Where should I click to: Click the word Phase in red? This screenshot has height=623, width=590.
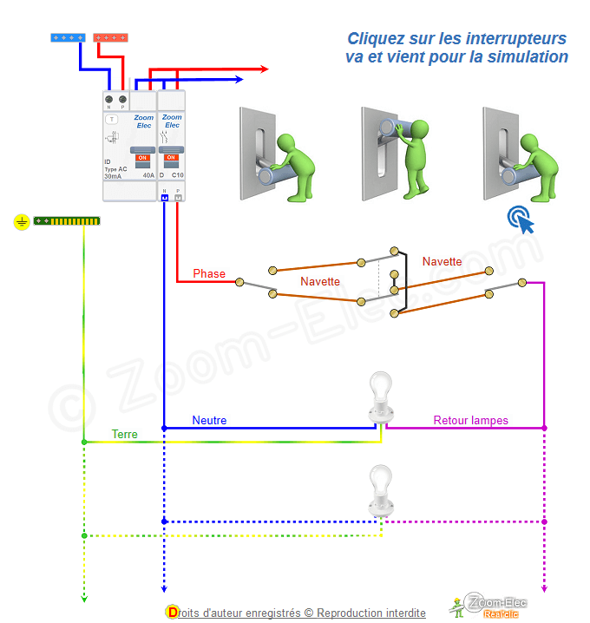pos(209,273)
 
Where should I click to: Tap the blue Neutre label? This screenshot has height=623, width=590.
pos(209,420)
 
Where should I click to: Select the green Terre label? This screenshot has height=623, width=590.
pos(124,434)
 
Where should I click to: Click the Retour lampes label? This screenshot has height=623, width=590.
pos(471,420)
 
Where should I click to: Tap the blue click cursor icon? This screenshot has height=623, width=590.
pos(521,219)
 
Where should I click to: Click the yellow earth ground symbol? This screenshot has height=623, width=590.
pos(21,222)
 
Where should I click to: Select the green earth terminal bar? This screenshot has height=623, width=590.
pos(67,221)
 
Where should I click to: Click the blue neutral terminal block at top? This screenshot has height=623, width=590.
pos(68,37)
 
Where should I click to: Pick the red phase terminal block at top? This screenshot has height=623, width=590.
pos(110,37)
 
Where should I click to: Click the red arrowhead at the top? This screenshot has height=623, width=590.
pos(264,68)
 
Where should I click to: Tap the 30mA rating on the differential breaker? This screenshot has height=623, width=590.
pos(113,176)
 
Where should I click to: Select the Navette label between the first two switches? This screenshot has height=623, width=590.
pos(320,281)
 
